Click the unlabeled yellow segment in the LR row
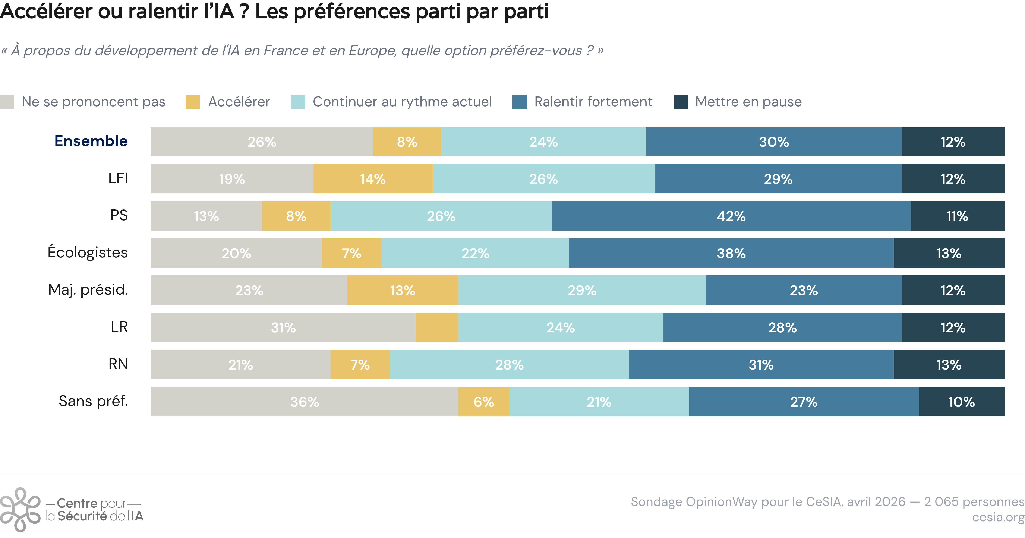[437, 327]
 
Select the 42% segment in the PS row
[731, 216]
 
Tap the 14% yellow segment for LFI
[373, 179]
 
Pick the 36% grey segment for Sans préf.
[305, 402]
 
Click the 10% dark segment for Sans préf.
[962, 402]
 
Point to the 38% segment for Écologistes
[731, 253]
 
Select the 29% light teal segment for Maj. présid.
[582, 290]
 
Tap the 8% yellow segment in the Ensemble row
[407, 142]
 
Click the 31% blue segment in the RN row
[761, 364]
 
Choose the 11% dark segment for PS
[957, 216]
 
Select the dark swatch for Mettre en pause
[681, 102]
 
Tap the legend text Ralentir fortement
[593, 102]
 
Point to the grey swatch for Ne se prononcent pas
[7, 102]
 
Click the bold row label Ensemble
[91, 141]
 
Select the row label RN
[118, 364]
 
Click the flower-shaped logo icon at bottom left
[20, 510]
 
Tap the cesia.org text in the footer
[998, 517]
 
